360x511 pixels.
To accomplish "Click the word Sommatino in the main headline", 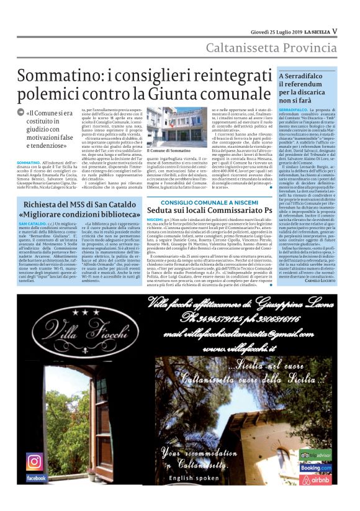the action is point(52,77).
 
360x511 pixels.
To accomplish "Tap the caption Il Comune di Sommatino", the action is point(168,150).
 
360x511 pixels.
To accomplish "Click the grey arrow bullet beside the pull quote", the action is point(21,112).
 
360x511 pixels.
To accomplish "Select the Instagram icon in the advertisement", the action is point(34,461).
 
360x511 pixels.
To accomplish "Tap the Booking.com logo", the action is point(316,467).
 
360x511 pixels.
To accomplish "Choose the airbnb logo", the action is point(316,480).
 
